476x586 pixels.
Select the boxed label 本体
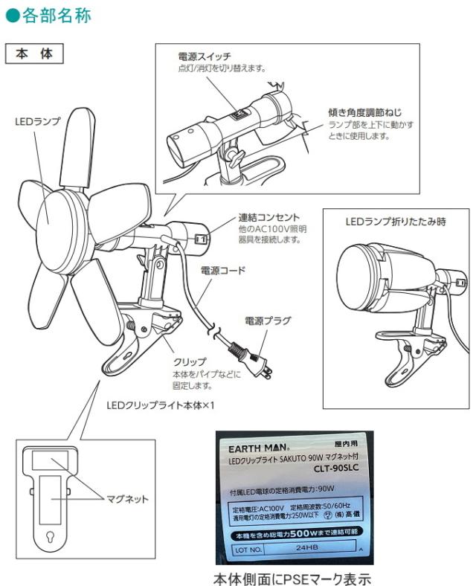tap(34, 55)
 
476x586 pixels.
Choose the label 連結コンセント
tap(268, 218)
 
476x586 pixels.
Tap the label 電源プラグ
tap(268, 321)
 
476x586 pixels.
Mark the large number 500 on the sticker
tap(300, 534)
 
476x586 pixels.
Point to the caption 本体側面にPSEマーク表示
tap(292, 577)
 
